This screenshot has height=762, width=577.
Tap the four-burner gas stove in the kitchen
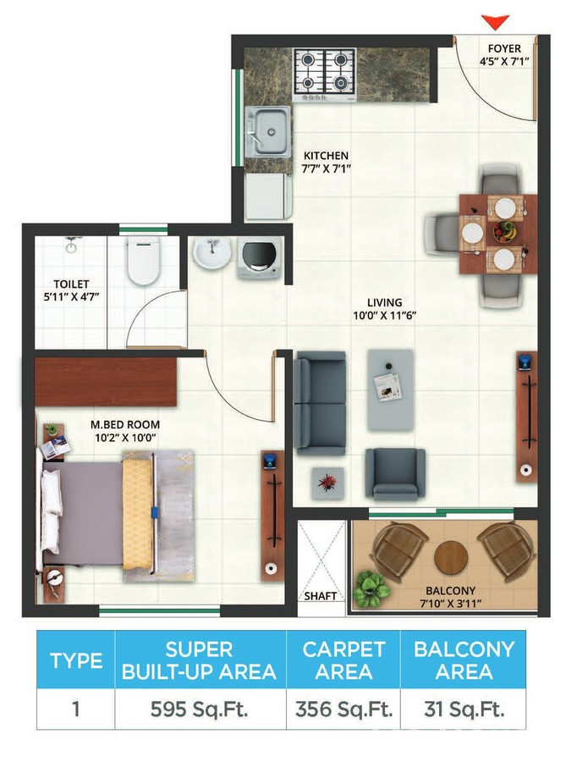pos(325,72)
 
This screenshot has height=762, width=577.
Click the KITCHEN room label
pos(326,156)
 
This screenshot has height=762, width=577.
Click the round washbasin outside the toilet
pos(210,252)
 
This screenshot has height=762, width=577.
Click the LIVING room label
pos(384,302)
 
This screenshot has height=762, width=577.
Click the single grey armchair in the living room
pos(394,472)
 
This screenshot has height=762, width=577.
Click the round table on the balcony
pos(451,556)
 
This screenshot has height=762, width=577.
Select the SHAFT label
pos(321,596)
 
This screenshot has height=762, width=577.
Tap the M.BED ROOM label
pos(126,424)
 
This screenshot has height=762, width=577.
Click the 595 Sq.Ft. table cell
pos(200,709)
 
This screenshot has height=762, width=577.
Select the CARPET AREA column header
pos(344,660)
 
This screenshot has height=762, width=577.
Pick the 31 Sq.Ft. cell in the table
pos(464,709)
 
